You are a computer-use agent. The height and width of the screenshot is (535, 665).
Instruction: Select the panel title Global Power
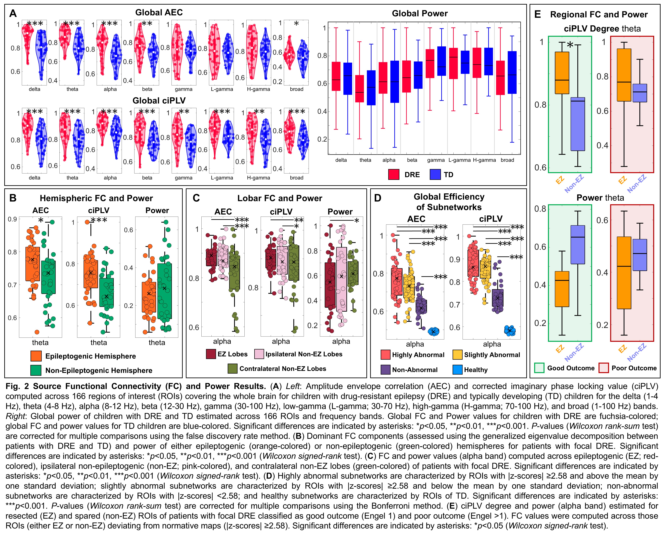point(420,14)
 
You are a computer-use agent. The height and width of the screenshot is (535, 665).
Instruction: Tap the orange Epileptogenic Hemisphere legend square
point(36,356)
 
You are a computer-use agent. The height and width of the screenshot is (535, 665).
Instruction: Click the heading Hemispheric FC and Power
point(96,198)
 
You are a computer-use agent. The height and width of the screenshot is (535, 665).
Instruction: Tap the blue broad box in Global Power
point(512,72)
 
